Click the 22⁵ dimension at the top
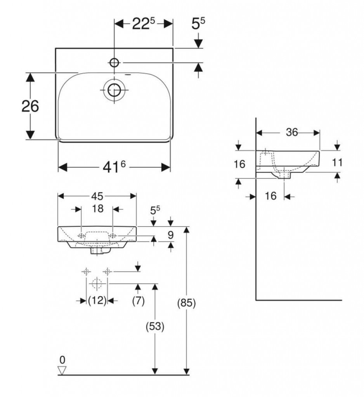[x=143, y=24]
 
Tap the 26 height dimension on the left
[x=30, y=106]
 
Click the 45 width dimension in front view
[x=97, y=196]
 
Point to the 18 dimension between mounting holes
[x=97, y=209]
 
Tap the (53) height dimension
[x=155, y=327]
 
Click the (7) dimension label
[x=138, y=300]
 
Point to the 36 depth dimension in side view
[x=292, y=133]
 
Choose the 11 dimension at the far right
[x=337, y=162]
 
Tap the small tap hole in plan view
[x=114, y=62]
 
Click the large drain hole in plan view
[x=114, y=90]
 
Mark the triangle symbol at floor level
[x=62, y=370]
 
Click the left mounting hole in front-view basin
[x=81, y=236]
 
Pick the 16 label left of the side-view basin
[x=239, y=164]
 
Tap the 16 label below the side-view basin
[x=270, y=196]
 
